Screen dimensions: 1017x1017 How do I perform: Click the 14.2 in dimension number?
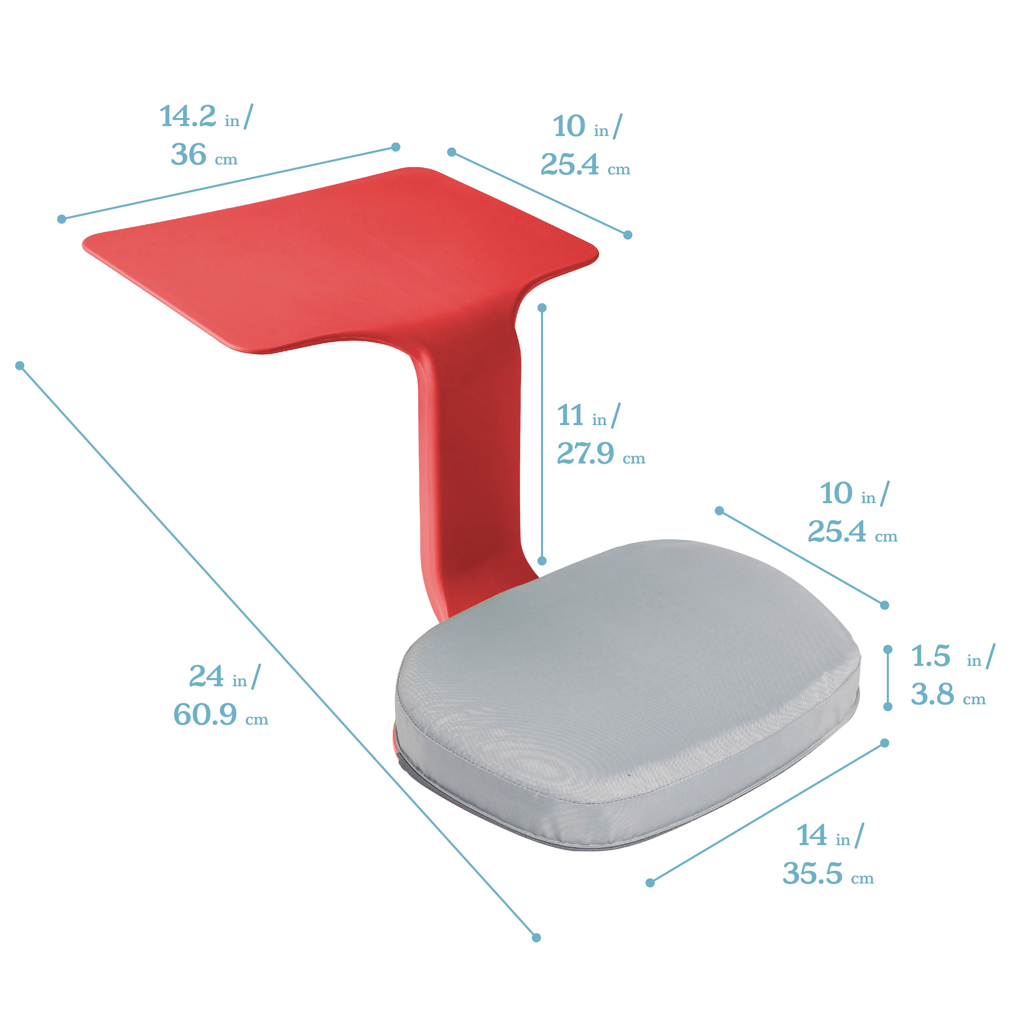187,116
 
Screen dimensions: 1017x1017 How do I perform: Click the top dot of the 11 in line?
542,307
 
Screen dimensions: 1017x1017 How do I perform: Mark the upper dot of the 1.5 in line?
888,650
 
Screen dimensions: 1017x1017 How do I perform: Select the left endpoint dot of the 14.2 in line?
62,219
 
